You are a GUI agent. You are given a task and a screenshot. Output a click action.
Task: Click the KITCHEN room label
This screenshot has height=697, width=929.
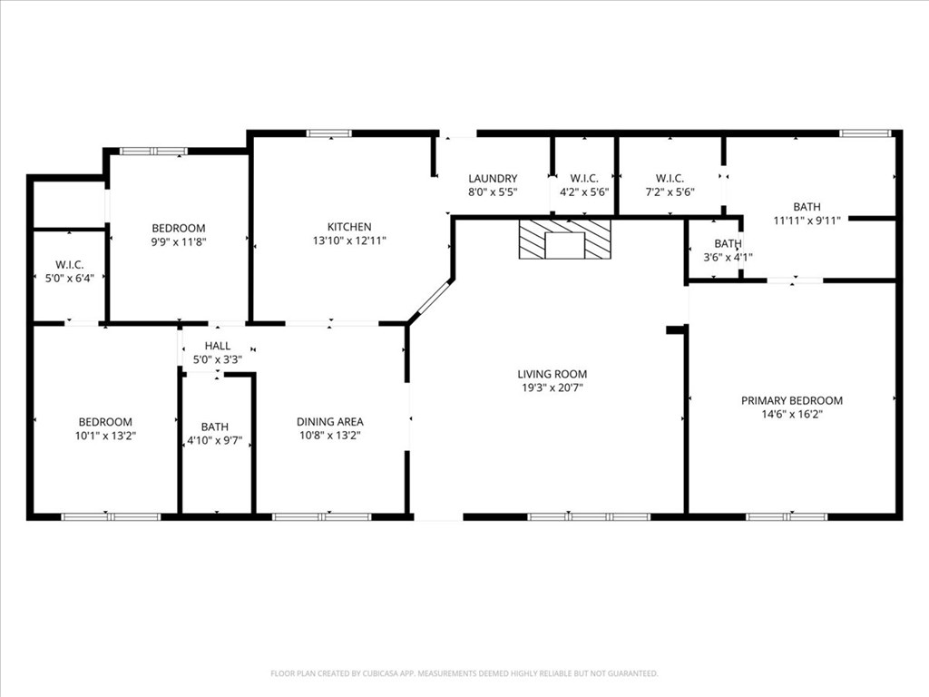(349, 227)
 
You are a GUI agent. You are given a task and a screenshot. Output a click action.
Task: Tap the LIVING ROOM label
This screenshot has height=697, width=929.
(553, 374)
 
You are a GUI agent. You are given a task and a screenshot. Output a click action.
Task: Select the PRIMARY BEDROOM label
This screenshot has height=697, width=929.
(791, 400)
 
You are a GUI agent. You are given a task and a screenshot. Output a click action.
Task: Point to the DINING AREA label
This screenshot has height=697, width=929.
(330, 422)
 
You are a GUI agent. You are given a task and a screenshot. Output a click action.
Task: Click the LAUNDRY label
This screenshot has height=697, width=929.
(493, 179)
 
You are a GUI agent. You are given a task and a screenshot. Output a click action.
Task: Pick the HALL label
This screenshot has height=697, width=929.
(218, 346)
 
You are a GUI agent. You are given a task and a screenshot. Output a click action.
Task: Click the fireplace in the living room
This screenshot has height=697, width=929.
(564, 239)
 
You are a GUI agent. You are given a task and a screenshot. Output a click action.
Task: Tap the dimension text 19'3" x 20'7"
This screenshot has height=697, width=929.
(553, 388)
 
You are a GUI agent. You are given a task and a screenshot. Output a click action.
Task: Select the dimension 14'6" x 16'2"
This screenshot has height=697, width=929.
(792, 414)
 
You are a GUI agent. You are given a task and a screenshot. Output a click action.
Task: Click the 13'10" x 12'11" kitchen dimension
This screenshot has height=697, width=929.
(349, 241)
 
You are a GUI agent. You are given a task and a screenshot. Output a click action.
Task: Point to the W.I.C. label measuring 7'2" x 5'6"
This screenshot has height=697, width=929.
(670, 179)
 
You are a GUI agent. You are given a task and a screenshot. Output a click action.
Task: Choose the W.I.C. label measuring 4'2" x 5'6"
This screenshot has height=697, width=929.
(584, 179)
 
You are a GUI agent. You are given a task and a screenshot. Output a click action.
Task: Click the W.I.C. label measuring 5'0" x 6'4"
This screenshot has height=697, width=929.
(70, 265)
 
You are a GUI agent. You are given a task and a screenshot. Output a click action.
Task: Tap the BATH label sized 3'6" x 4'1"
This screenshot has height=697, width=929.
(728, 243)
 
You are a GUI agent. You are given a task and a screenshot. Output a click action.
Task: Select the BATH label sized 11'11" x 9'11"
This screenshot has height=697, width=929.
(807, 207)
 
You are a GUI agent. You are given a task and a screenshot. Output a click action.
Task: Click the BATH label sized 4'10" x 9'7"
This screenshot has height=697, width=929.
(214, 427)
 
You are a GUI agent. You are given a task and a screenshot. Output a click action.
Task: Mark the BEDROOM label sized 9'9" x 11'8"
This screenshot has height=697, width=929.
(179, 228)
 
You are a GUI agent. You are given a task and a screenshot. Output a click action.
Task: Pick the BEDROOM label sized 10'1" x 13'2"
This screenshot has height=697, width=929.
(105, 422)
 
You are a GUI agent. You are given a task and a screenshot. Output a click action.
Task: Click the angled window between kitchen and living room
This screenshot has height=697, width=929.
(431, 299)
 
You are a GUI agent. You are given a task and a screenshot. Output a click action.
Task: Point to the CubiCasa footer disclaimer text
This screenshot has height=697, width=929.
(464, 673)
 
